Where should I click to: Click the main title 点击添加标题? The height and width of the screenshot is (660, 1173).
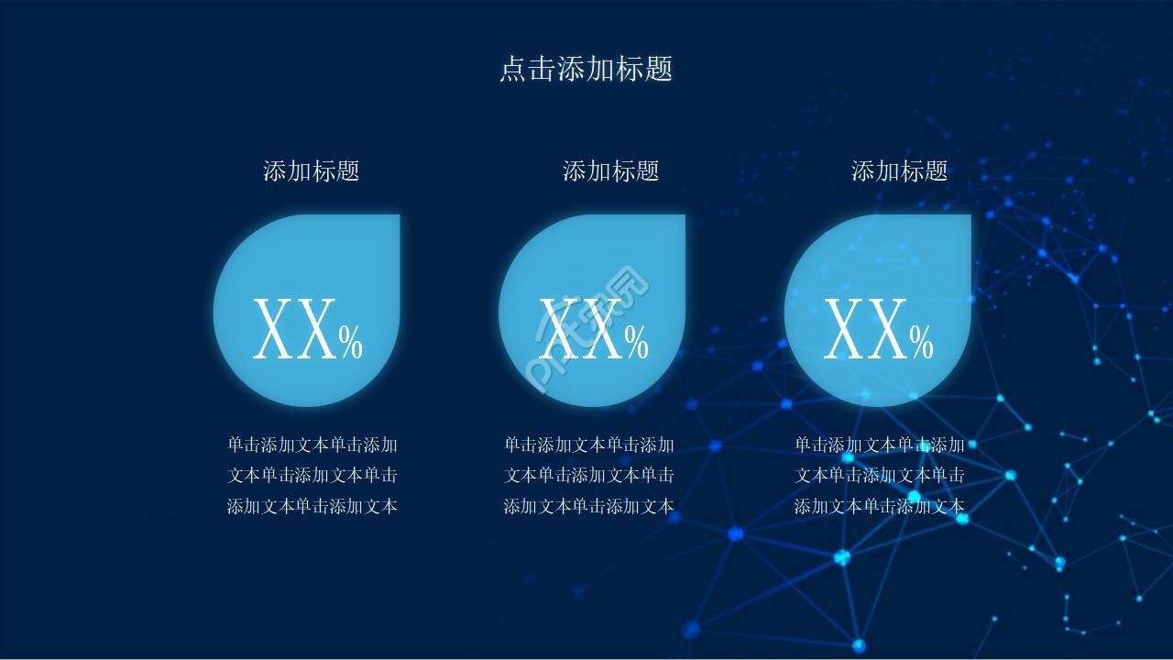[586, 69]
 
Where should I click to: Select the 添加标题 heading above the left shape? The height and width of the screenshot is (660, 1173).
[311, 170]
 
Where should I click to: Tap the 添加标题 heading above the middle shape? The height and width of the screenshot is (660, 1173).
[610, 170]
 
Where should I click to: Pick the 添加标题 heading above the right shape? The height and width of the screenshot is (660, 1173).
[899, 170]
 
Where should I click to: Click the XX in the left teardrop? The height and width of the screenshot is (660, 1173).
[293, 330]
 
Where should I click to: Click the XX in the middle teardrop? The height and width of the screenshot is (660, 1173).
[579, 330]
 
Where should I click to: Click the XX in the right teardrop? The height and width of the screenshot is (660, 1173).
[865, 330]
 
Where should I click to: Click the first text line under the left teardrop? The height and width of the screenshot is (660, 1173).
[312, 445]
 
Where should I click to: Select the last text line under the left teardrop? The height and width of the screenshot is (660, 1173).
[312, 506]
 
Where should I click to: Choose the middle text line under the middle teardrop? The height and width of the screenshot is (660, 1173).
[589, 476]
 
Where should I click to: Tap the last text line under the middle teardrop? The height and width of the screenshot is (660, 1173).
[589, 506]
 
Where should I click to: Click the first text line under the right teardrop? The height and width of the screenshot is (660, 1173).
[880, 445]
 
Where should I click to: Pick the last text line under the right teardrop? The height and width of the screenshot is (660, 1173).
[880, 506]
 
